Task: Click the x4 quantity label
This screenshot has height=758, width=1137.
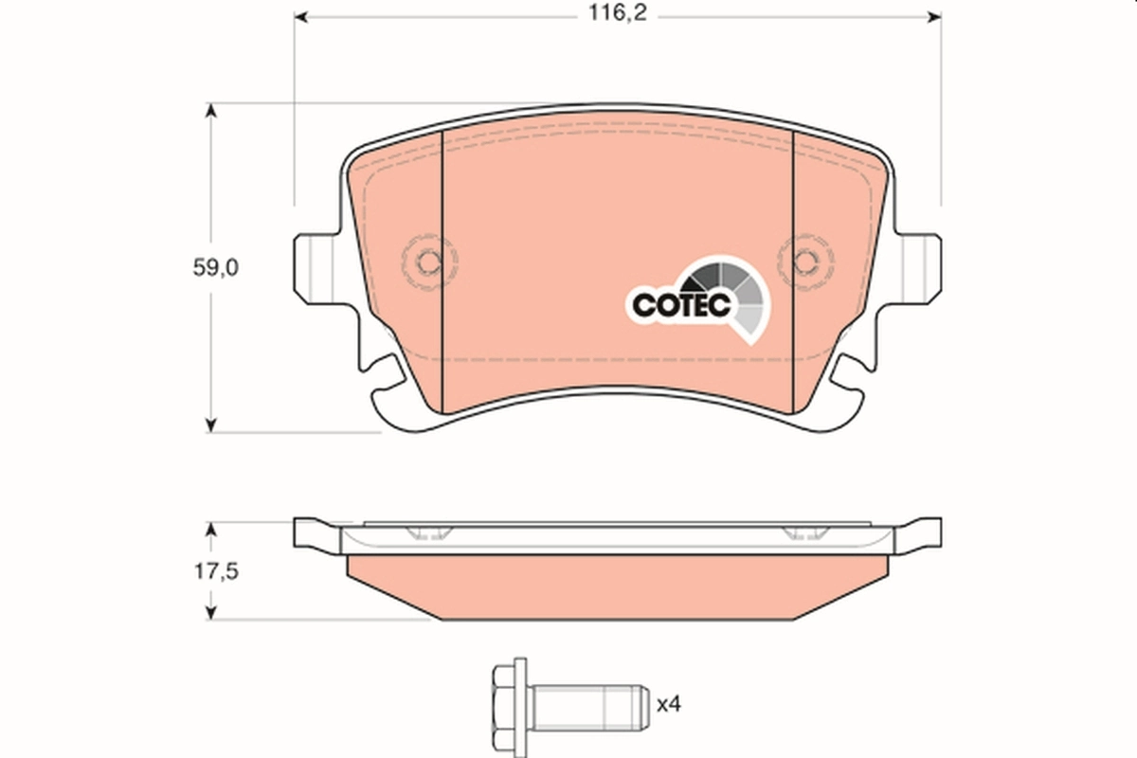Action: pyautogui.click(x=669, y=704)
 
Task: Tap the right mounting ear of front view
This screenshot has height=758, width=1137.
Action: pyautogui.click(x=918, y=264)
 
